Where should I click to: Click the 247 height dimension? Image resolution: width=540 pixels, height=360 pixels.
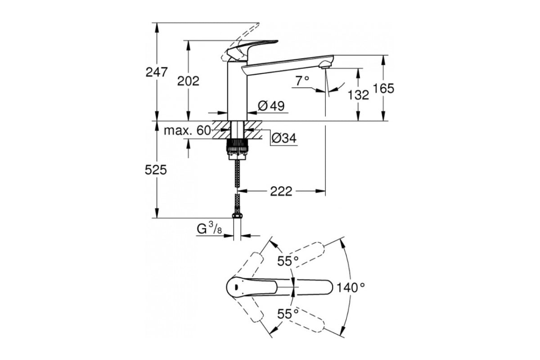click(x=156, y=72)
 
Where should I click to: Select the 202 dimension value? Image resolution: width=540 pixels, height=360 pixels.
click(x=188, y=81)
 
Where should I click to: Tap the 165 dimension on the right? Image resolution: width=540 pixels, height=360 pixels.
click(x=383, y=88)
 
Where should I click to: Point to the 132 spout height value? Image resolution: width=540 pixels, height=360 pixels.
click(x=358, y=95)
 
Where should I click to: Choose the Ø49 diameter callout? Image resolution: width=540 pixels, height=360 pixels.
click(x=271, y=106)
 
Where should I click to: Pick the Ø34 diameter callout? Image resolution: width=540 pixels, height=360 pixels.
click(x=284, y=138)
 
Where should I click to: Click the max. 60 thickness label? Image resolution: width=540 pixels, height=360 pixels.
click(x=187, y=130)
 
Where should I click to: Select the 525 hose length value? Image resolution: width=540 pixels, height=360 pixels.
click(x=156, y=170)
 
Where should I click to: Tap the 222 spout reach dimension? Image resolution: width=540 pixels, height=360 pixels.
click(x=281, y=191)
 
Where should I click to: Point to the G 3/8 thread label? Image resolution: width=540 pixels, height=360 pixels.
click(x=209, y=228)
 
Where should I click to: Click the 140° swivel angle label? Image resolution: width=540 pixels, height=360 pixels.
click(x=351, y=288)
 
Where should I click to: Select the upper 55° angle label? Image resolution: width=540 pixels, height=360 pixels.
click(x=288, y=261)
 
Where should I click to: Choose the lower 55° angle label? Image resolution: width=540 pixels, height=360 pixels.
click(x=288, y=314)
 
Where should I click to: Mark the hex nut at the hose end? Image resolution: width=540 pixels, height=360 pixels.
click(x=237, y=215)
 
